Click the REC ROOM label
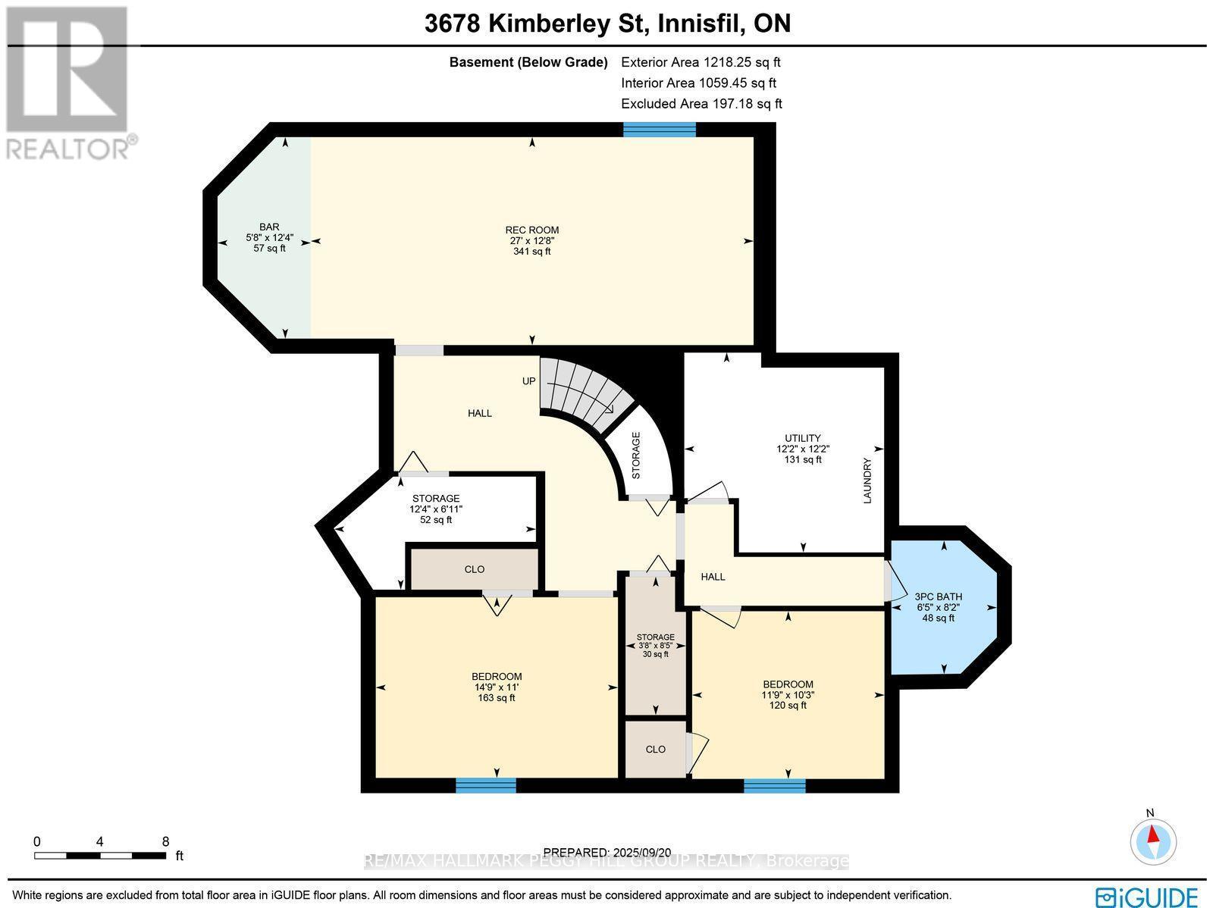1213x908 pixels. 531,240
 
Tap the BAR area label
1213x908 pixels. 269,237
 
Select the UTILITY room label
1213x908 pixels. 803,449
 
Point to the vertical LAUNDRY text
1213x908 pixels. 867,481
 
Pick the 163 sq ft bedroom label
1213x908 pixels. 497,687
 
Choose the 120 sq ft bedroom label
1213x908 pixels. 788,694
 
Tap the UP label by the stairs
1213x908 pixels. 528,381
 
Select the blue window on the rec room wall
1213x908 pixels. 659,130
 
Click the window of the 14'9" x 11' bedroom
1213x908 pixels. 486,785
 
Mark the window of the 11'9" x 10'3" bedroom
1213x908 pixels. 774,786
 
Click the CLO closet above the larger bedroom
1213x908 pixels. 475,569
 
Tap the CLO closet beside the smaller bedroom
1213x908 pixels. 656,749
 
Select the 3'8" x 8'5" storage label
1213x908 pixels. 656,645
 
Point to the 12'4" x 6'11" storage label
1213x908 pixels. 436,509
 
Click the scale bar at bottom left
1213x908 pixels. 100,855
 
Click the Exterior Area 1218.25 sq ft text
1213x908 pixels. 701,63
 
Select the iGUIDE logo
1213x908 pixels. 1147,897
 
